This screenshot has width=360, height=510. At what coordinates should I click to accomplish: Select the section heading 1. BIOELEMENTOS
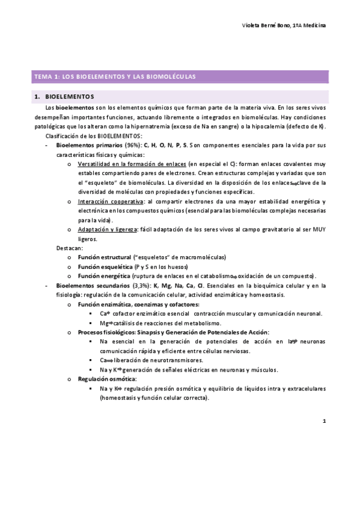[x=65, y=96]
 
